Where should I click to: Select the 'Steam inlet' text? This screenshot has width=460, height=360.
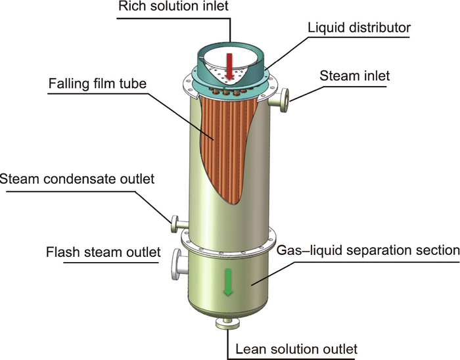coord(354,76)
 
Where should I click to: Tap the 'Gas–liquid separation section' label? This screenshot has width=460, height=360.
coord(367,250)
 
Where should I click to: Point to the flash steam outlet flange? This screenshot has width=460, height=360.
coord(177,263)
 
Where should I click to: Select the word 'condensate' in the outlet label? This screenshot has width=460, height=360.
coord(81,179)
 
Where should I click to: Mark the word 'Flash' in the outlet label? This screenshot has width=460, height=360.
coord(64,252)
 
